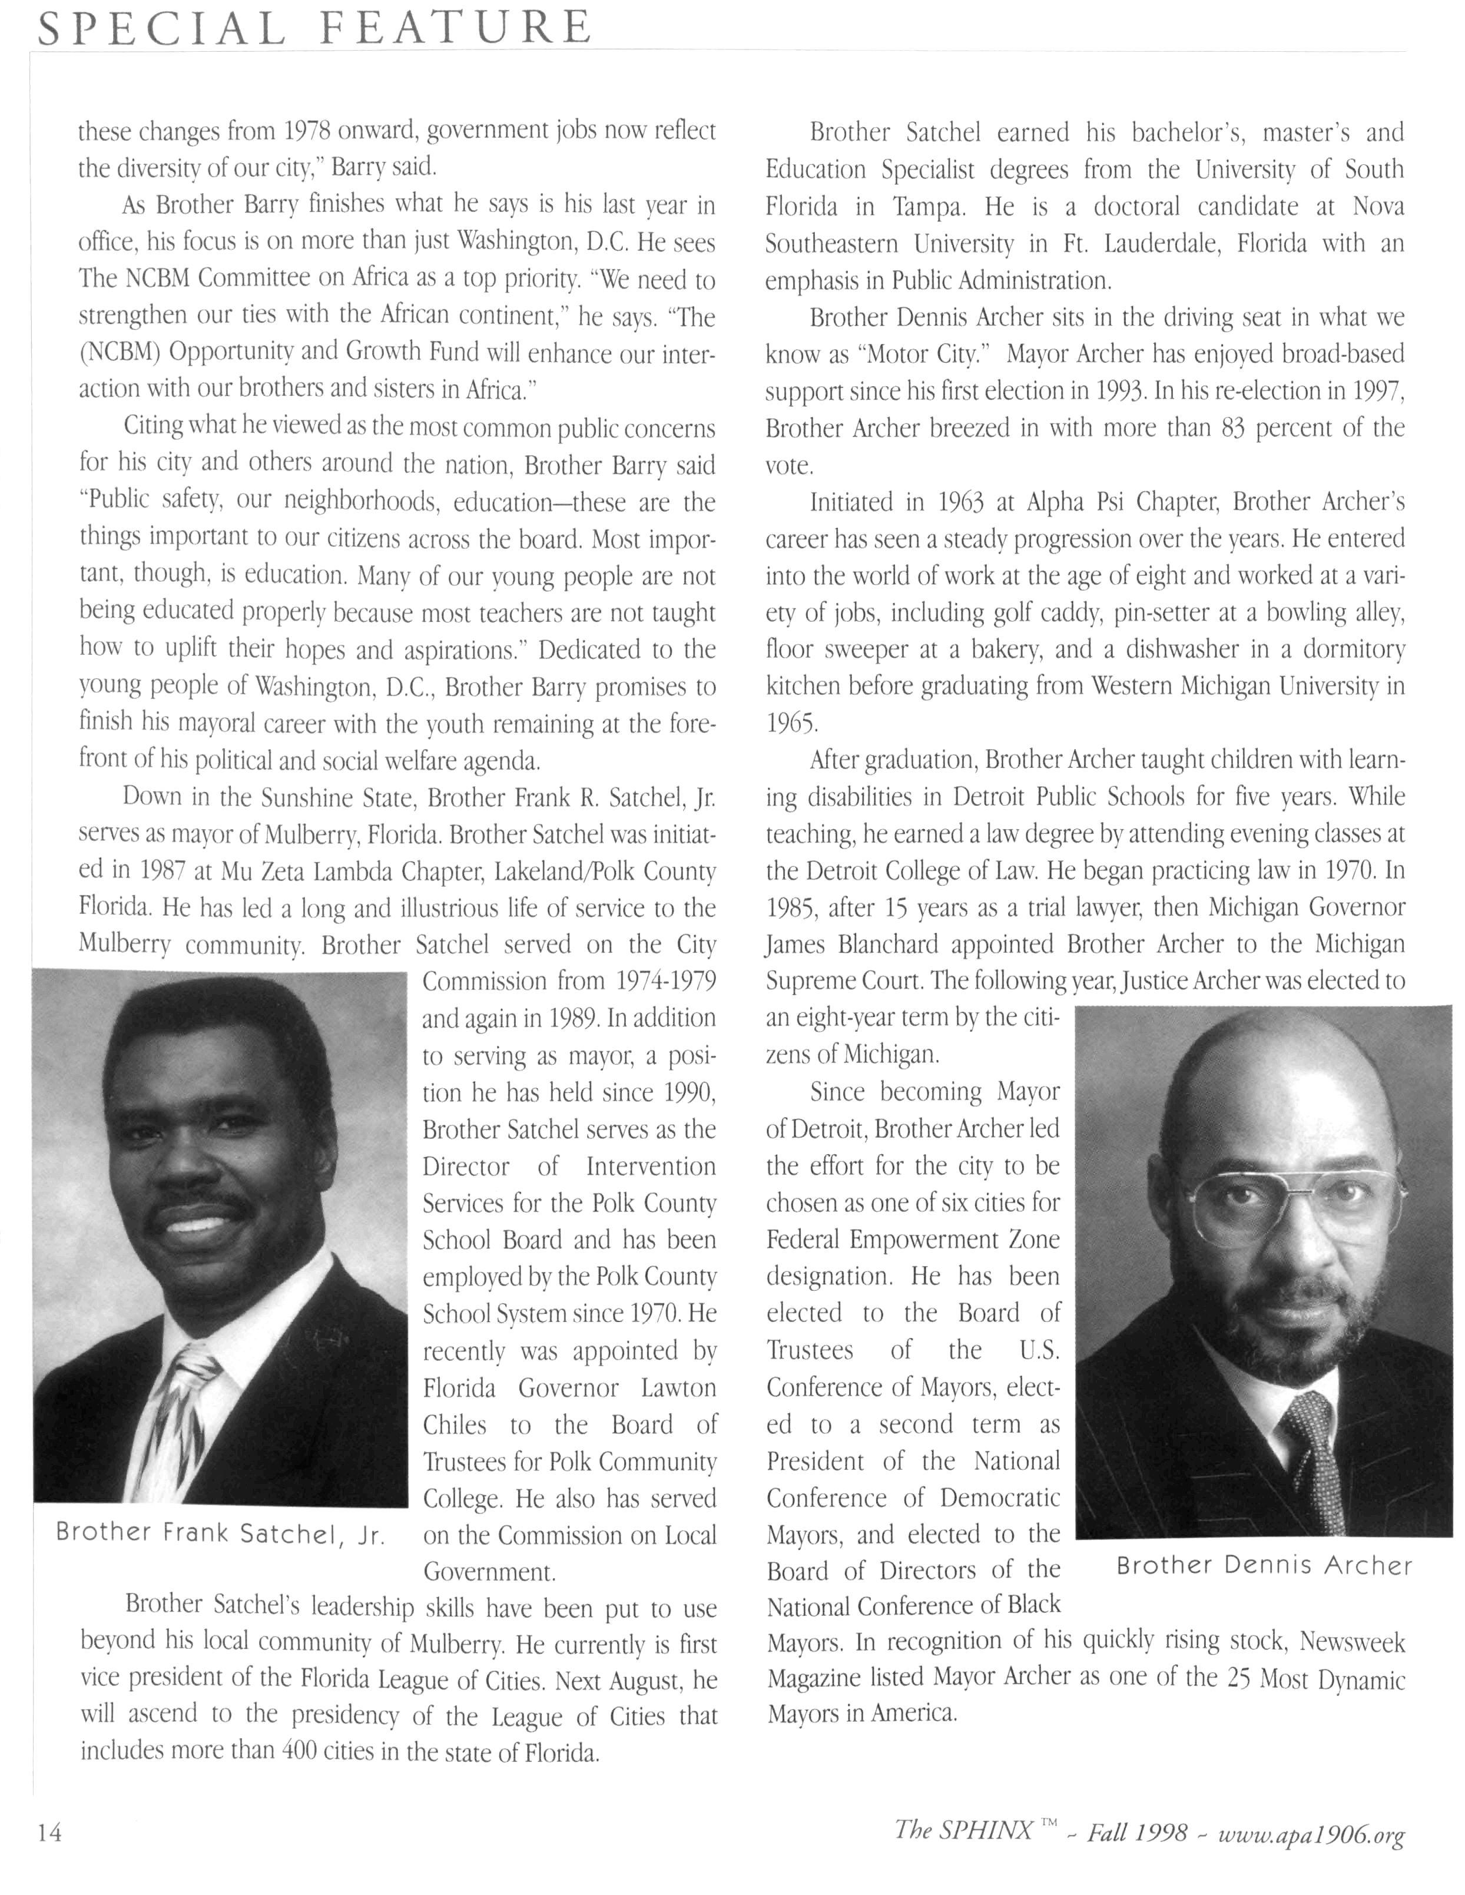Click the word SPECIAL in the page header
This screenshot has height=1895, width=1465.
coord(161,29)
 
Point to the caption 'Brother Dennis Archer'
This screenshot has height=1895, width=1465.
coord(1264,1565)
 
